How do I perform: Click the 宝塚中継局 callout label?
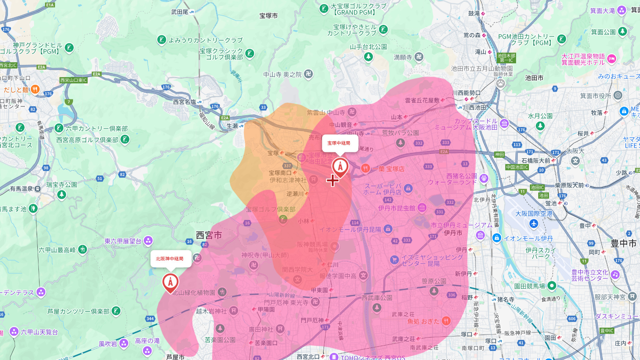click(x=340, y=143)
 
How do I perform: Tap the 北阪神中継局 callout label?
click(x=170, y=259)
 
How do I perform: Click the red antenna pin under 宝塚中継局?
click(x=340, y=167)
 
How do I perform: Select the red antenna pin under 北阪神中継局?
click(x=170, y=282)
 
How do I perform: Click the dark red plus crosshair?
click(x=333, y=180)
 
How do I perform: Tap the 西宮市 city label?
click(x=209, y=235)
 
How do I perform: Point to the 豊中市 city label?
click(x=623, y=243)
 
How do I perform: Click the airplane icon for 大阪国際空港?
click(x=534, y=224)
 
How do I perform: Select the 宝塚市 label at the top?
click(x=269, y=16)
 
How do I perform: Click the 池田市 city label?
click(x=534, y=78)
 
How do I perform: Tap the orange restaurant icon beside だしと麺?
click(x=35, y=90)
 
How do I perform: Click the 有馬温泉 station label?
click(x=21, y=189)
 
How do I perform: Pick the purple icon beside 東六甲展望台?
click(x=148, y=240)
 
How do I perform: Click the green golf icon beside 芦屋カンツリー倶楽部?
click(x=116, y=311)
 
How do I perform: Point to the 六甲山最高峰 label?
click(x=57, y=250)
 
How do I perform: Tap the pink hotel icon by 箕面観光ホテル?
click(x=612, y=59)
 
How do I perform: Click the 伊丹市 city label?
click(x=453, y=233)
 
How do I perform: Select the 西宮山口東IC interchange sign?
click(x=74, y=80)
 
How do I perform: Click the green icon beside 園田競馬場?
click(x=552, y=286)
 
